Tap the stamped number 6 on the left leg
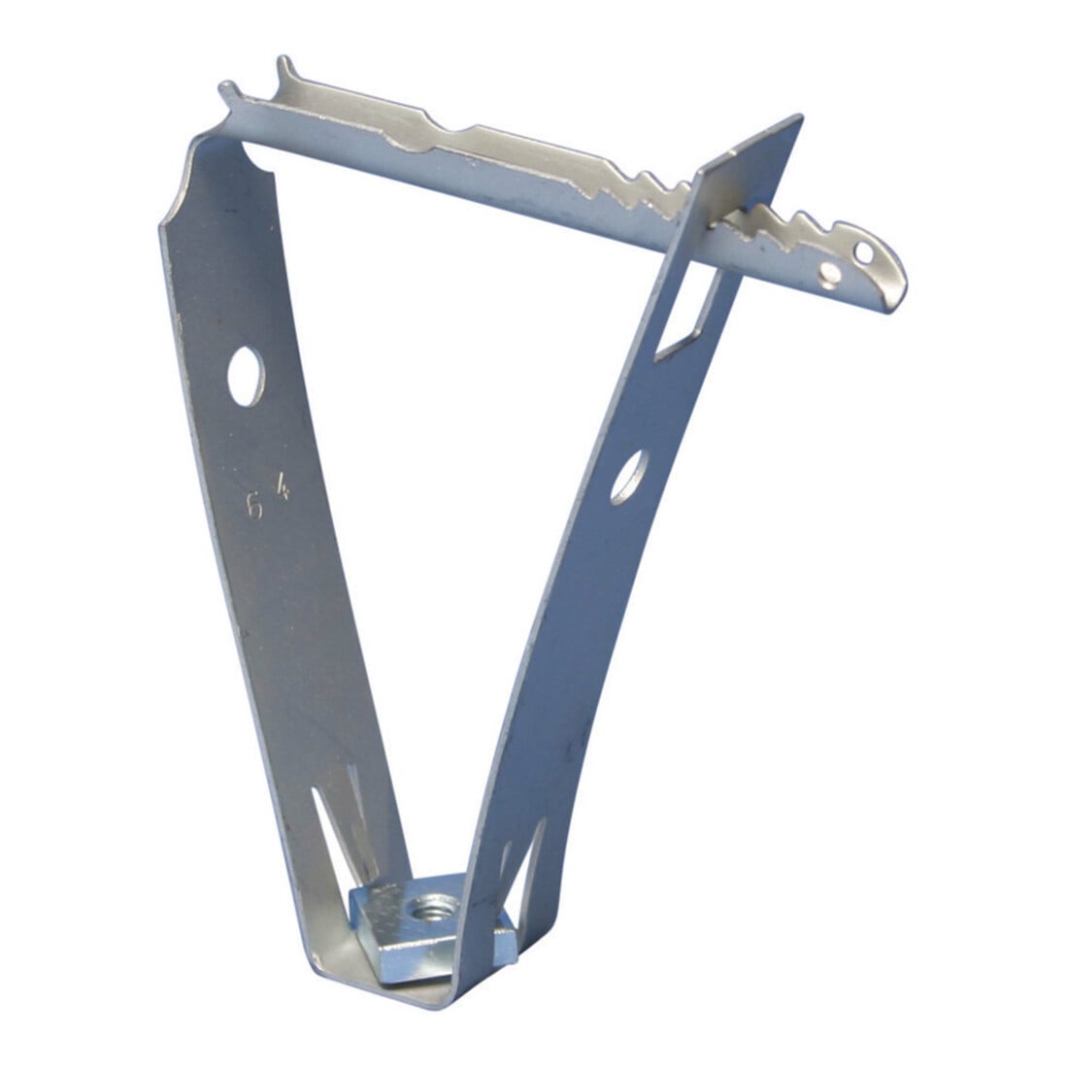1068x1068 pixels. (x=254, y=506)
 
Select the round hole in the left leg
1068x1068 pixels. (x=246, y=377)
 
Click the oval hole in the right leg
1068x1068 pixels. (x=629, y=478)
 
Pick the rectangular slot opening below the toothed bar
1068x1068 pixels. (x=684, y=310)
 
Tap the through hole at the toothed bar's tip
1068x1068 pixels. (x=864, y=254)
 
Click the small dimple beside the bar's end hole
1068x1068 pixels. (x=829, y=275)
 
